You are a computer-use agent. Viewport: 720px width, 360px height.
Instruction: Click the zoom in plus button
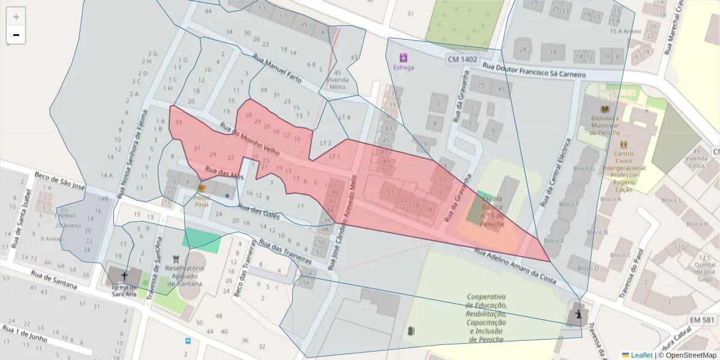pyautogui.click(x=16, y=17)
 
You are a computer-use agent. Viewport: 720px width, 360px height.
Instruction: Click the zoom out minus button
pyautogui.click(x=16, y=35)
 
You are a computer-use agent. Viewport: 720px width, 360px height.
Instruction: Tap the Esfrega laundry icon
pyautogui.click(x=403, y=58)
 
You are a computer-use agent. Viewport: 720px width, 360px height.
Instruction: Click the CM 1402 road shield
pyautogui.click(x=462, y=59)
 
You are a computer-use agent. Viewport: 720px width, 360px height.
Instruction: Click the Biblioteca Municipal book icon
pyautogui.click(x=604, y=108)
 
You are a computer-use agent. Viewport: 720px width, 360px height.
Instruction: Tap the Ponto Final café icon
pyautogui.click(x=202, y=188)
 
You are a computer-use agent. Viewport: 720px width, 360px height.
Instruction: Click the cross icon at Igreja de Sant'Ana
pyautogui.click(x=124, y=275)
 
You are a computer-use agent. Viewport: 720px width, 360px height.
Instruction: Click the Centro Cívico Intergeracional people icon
pyautogui.click(x=624, y=144)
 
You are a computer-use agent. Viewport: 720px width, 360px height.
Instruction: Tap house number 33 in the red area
pyautogui.click(x=178, y=122)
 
